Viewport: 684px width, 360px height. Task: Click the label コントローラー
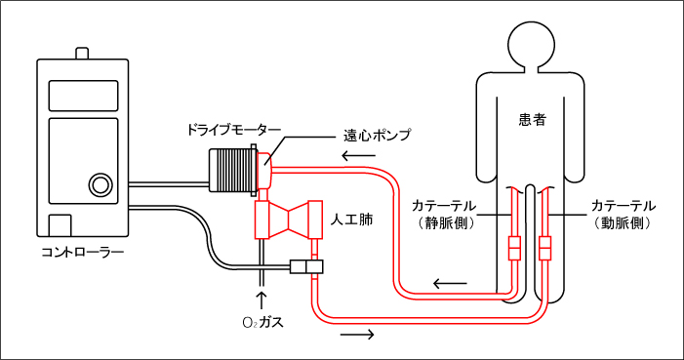click(x=82, y=252)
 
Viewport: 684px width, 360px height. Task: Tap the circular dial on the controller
click(x=99, y=183)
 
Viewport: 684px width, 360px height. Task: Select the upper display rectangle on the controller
click(x=83, y=96)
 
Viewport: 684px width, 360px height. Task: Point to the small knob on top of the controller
click(x=83, y=51)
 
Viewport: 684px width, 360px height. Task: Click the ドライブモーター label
click(x=234, y=130)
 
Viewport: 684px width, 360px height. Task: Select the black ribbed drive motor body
click(x=231, y=169)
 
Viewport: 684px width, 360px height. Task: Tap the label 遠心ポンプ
click(x=377, y=135)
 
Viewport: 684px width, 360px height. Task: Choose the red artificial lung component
click(x=288, y=220)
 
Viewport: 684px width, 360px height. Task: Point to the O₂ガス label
click(x=262, y=321)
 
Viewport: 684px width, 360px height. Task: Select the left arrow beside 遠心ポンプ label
click(x=357, y=156)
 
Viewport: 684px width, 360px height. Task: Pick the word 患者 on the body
click(x=532, y=120)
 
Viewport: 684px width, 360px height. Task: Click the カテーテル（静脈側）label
click(x=444, y=215)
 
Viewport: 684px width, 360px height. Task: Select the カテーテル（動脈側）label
click(x=624, y=215)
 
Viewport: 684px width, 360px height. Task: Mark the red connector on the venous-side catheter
click(x=515, y=248)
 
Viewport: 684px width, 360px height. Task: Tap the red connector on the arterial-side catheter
click(x=544, y=248)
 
